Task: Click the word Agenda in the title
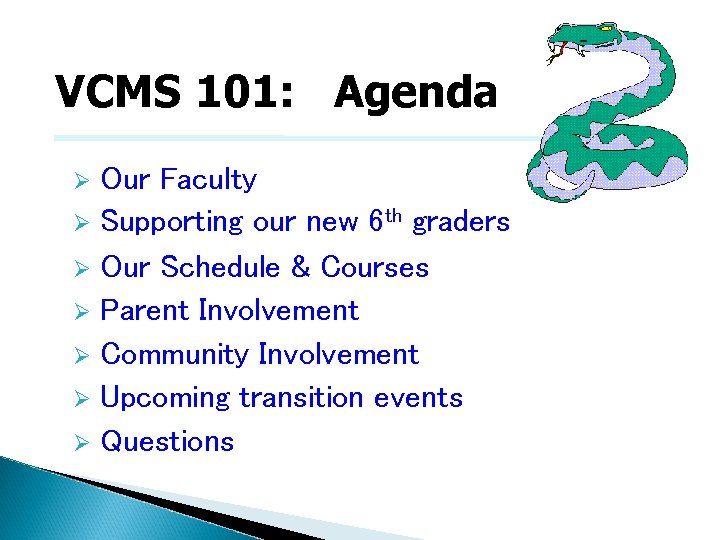[x=415, y=93]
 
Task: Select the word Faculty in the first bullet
[x=208, y=180]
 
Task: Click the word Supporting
[x=172, y=222]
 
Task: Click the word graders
[x=461, y=222]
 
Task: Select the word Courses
[x=374, y=268]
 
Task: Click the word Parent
[x=146, y=311]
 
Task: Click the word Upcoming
[x=166, y=398]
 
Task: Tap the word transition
[x=301, y=398]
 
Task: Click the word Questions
[x=168, y=442]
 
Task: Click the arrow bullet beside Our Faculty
[x=84, y=181]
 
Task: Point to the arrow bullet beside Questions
[x=84, y=442]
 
